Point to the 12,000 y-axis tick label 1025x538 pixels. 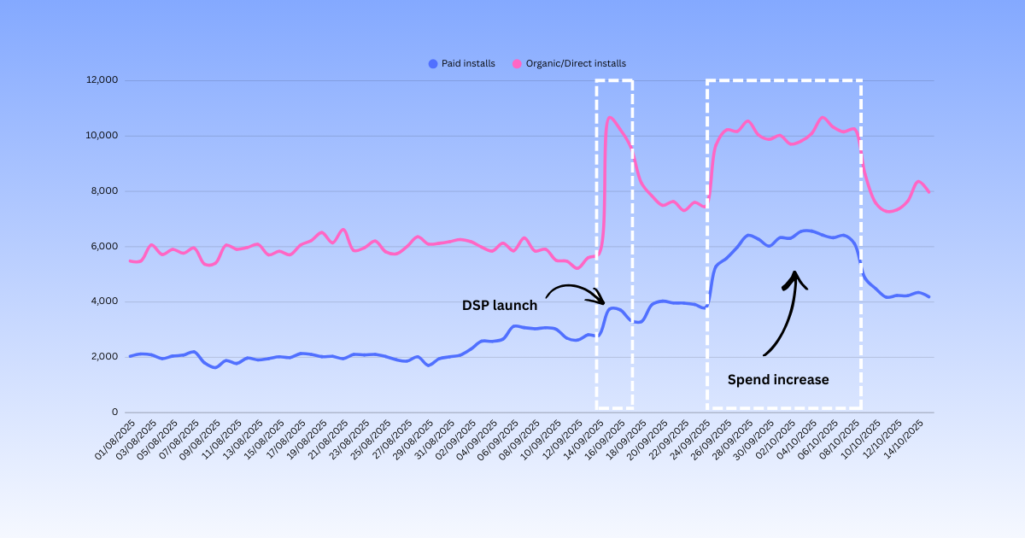[101, 80]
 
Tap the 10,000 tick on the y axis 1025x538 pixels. [101, 136]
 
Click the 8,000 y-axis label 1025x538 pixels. [103, 191]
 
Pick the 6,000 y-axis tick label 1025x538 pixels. [103, 247]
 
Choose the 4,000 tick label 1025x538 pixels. [103, 301]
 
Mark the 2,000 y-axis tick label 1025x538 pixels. [103, 357]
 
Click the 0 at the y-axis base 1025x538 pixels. [114, 412]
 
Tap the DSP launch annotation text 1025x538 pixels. [500, 306]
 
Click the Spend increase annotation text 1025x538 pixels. [778, 380]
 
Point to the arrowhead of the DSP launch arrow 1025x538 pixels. [602, 302]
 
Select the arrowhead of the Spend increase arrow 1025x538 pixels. [795, 275]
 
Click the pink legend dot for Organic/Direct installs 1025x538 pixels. [517, 63]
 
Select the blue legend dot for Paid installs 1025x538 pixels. [432, 63]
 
